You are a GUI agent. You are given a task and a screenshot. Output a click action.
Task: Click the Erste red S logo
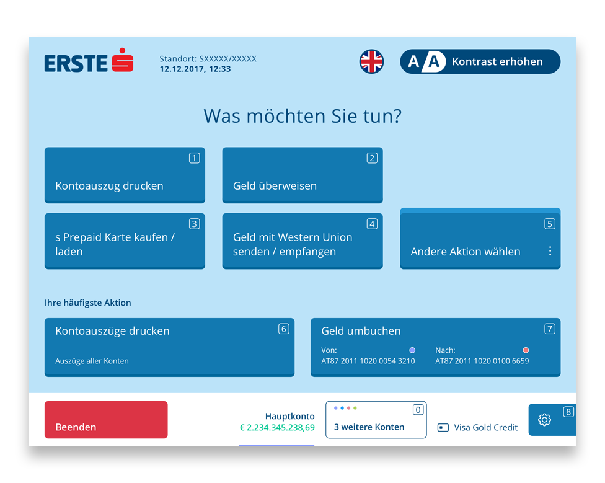coord(123,60)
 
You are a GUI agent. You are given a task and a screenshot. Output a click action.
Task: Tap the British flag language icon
coord(371,61)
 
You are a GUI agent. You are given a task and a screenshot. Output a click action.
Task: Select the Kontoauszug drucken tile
coord(125,175)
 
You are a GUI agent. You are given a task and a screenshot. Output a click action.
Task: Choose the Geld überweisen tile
coord(302,175)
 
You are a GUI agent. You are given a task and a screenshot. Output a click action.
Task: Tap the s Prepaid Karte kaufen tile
coord(125,241)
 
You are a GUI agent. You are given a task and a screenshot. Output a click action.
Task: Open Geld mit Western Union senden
coord(302,241)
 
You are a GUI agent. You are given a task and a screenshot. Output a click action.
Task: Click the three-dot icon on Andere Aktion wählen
coord(550,251)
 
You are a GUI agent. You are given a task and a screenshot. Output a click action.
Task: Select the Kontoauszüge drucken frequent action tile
coord(169,347)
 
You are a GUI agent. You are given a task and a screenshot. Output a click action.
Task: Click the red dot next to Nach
coord(526,350)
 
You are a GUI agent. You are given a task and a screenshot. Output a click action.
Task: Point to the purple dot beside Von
coord(412,350)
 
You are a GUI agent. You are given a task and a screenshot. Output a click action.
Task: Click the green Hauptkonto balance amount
coord(277,427)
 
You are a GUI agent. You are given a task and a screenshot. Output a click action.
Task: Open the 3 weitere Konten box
coord(376,420)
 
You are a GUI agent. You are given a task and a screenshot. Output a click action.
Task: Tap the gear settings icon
coord(544,420)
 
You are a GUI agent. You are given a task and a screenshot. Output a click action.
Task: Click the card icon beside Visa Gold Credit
coord(443,427)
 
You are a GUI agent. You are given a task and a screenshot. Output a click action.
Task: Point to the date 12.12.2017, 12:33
coord(195,69)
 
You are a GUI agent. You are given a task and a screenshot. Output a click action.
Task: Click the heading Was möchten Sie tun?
coord(302,116)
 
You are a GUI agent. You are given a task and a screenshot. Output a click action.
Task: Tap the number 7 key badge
coord(550,329)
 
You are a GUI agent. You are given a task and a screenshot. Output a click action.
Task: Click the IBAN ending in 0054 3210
coord(368,361)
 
